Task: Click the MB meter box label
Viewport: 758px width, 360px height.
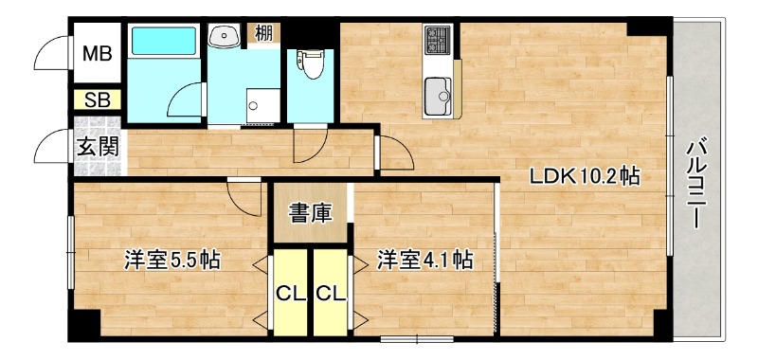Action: pos(96,53)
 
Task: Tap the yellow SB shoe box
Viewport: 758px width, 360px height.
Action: pos(96,99)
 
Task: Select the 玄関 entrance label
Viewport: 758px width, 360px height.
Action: pos(97,147)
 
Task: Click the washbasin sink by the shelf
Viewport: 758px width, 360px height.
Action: pos(226,37)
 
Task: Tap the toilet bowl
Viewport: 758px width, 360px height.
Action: pos(310,64)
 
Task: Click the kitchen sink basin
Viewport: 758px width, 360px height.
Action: pos(440,95)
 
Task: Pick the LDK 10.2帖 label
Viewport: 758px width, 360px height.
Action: pos(583,176)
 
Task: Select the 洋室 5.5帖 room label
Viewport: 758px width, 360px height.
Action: pos(171,260)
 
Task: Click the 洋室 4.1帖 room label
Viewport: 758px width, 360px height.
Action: pos(424,259)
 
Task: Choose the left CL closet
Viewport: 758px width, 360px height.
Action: pos(290,293)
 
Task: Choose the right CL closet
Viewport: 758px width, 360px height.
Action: pos(331,293)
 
